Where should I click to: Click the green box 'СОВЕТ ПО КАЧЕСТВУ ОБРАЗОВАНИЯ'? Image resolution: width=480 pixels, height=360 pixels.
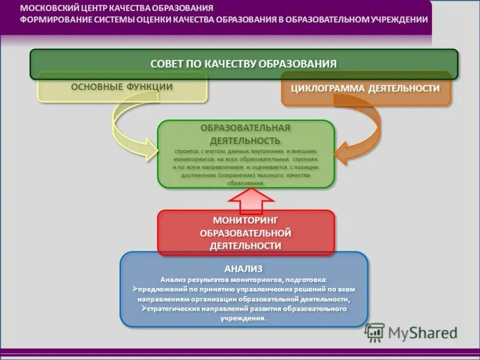pos(244,64)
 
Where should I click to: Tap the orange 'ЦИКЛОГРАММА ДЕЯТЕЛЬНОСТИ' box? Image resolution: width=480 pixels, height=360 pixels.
pos(365,89)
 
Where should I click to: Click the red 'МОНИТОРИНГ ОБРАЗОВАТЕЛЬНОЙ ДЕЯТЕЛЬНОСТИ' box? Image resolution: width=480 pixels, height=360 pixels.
pos(245,233)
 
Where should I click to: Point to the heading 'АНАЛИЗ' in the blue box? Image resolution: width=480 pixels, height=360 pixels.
pos(244,268)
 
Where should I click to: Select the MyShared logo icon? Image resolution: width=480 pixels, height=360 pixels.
pos(374,332)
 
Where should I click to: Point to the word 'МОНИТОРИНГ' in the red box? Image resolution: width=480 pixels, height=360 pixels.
pos(245,220)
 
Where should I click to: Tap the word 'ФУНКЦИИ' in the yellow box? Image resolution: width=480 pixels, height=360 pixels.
pos(149,87)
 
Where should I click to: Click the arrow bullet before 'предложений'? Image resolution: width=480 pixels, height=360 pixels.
pos(135,289)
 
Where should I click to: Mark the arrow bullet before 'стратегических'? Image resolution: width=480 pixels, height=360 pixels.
pos(145,308)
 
